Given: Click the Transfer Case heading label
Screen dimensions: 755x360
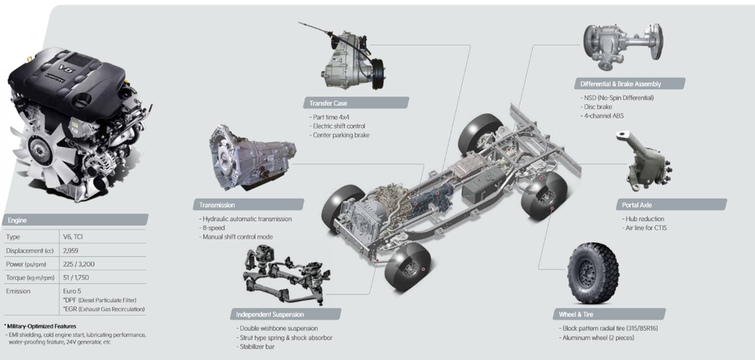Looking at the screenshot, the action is [328, 103].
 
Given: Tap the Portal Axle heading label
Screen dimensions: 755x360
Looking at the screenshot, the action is [636, 205].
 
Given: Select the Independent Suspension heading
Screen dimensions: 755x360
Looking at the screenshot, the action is [270, 314].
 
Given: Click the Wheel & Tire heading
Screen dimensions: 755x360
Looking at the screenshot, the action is [576, 314].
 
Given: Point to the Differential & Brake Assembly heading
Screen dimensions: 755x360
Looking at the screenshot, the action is [620, 84].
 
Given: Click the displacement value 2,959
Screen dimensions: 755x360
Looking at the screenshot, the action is [71, 251].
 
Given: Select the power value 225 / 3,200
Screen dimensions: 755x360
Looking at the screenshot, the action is [79, 264].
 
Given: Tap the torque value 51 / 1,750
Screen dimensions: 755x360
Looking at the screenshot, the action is [75, 278].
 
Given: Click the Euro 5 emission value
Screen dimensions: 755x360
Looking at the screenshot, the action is [72, 291].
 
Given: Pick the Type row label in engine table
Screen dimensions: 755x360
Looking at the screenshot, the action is [13, 237].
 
